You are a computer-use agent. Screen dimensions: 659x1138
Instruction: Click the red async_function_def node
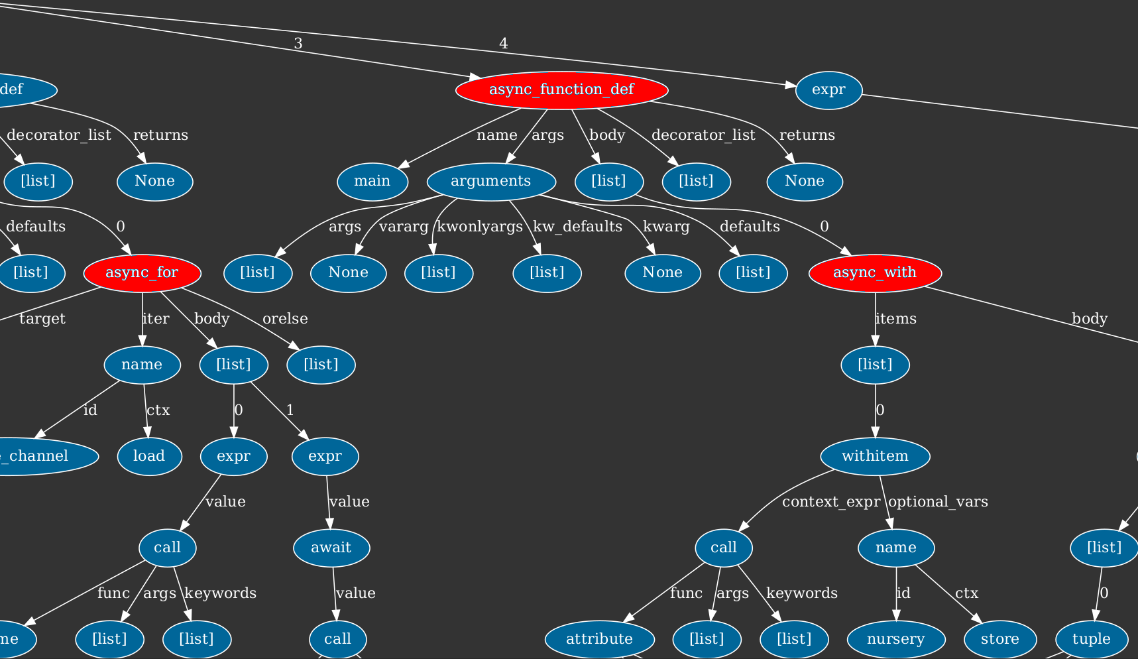pyautogui.click(x=561, y=90)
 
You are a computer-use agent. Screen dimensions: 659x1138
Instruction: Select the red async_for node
pyautogui.click(x=142, y=272)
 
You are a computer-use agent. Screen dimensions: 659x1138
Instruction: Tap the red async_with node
pyautogui.click(x=874, y=272)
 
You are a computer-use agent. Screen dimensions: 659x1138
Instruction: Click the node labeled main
pyautogui.click(x=372, y=181)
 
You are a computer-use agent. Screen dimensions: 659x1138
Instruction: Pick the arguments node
pyautogui.click(x=490, y=181)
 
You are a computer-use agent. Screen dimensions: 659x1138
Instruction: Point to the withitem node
pyautogui.click(x=875, y=456)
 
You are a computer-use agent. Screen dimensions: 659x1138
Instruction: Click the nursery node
pyautogui.click(x=895, y=639)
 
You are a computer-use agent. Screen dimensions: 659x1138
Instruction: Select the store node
pyautogui.click(x=999, y=639)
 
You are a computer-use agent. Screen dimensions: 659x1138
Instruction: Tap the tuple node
pyautogui.click(x=1091, y=639)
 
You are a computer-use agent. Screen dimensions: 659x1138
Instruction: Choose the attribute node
pyautogui.click(x=599, y=639)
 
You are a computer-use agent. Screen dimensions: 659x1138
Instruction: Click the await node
pyautogui.click(x=331, y=548)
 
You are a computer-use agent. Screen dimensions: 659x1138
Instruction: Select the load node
pyautogui.click(x=149, y=456)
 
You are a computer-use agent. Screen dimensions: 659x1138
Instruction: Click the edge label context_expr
pyautogui.click(x=830, y=502)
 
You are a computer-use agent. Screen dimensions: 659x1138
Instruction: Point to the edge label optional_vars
pyautogui.click(x=938, y=502)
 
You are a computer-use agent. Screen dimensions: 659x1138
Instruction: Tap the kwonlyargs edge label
pyautogui.click(x=480, y=227)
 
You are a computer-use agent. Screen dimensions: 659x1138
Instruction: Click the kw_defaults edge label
pyautogui.click(x=577, y=227)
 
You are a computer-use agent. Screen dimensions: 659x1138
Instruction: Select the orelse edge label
pyautogui.click(x=285, y=319)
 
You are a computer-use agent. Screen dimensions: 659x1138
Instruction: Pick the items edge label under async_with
pyautogui.click(x=895, y=319)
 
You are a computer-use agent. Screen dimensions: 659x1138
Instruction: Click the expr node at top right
pyautogui.click(x=828, y=90)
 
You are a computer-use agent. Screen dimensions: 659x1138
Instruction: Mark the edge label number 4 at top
pyautogui.click(x=504, y=44)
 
